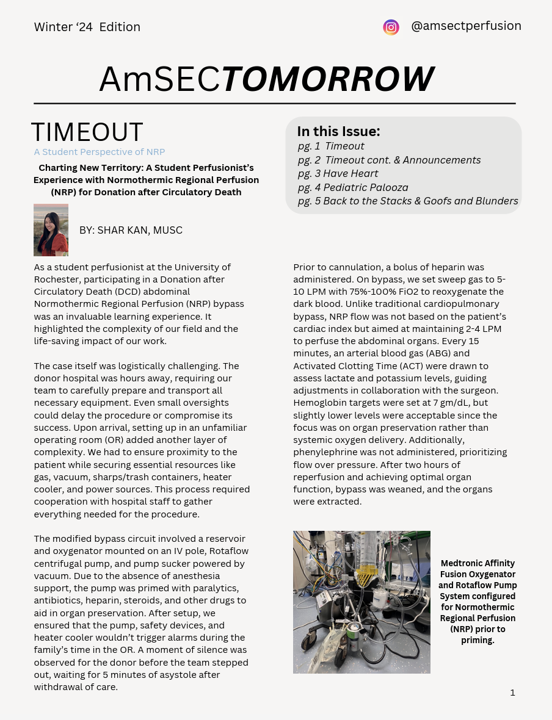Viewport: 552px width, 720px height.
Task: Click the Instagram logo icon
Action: pos(391,27)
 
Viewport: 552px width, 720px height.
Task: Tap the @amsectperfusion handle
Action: pos(466,26)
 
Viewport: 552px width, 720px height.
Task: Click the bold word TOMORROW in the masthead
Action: pos(327,79)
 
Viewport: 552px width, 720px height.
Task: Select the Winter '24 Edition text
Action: pos(87,27)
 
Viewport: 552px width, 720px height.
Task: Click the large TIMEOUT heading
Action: pos(87,132)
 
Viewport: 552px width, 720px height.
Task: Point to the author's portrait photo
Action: pos(51,230)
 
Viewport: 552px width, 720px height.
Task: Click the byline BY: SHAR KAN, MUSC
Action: pos(131,230)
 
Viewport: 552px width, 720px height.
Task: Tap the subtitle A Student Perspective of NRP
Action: pos(100,152)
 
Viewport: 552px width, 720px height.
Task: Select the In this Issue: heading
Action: pos(339,131)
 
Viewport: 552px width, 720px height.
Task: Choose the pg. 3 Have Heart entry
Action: pos(338,173)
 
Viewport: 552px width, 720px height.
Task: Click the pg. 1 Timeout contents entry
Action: pos(331,146)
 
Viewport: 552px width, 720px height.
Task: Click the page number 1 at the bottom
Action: pos(512,692)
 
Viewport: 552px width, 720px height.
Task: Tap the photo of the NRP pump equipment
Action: pos(361,602)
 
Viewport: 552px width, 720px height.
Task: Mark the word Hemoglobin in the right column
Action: pos(318,403)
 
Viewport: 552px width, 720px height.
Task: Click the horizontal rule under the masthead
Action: pos(275,104)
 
